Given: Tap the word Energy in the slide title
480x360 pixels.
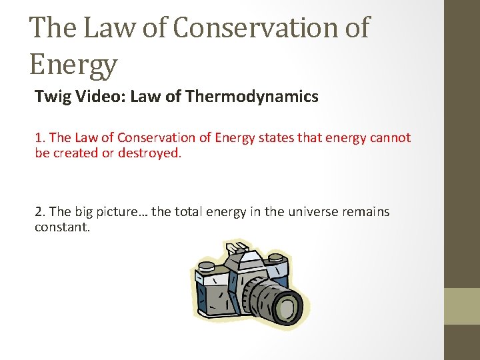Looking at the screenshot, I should point(73,65).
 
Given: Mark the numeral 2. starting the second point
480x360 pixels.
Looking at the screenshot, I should point(40,212).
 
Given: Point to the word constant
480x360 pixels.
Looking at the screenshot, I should point(62,228).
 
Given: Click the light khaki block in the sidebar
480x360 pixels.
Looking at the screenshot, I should point(462,306).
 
